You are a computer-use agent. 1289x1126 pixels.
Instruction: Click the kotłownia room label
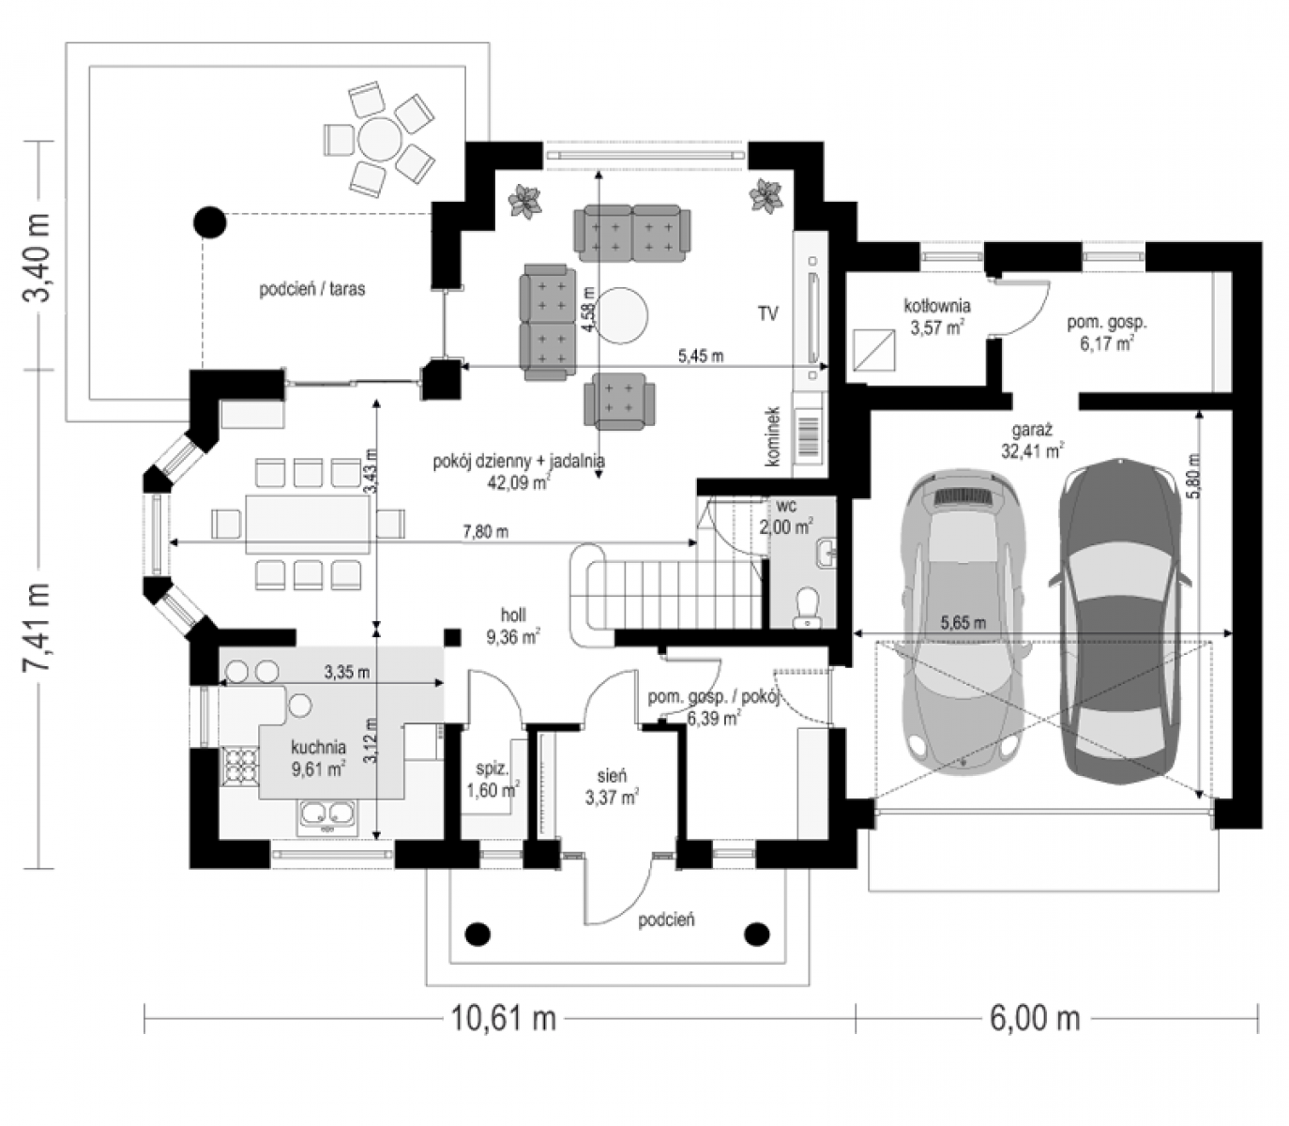[x=937, y=306]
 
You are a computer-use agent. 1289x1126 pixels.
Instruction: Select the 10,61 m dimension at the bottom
[x=504, y=1017]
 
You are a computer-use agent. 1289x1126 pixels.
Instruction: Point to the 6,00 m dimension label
[x=1035, y=1017]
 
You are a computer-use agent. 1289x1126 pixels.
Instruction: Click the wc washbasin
[x=826, y=554]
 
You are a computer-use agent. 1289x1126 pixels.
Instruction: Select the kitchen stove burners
[x=240, y=765]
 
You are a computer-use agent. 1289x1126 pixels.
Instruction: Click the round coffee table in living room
[x=621, y=315]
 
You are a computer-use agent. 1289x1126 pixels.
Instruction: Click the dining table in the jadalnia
[x=308, y=524]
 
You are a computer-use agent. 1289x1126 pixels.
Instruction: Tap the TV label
[x=768, y=313]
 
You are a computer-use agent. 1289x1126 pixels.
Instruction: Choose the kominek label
[x=774, y=436]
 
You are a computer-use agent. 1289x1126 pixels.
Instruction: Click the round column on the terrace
[x=209, y=221]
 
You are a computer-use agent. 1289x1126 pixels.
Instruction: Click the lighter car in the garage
[x=960, y=620]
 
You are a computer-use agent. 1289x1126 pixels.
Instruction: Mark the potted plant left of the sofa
[x=524, y=202]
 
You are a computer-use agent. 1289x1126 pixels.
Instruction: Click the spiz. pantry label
[x=492, y=769]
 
